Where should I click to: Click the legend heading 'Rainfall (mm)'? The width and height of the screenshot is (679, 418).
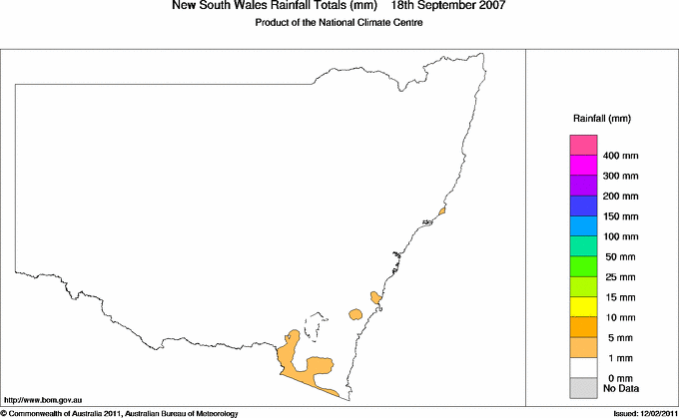(601, 119)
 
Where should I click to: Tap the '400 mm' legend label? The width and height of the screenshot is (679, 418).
(621, 157)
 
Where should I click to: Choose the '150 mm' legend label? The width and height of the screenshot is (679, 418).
(621, 216)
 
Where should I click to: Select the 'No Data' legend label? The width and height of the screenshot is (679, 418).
(621, 387)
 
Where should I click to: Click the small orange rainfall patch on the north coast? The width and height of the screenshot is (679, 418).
(441, 210)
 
